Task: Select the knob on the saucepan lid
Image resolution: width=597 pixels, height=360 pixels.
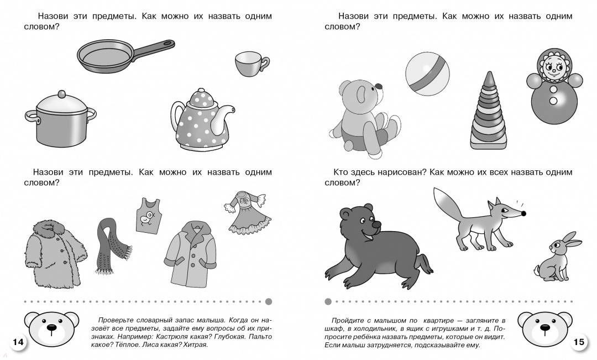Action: (62, 93)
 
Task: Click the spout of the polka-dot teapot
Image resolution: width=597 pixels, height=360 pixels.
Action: (225, 119)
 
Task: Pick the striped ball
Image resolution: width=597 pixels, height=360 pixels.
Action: (427, 74)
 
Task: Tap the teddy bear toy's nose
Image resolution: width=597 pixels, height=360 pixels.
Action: (379, 86)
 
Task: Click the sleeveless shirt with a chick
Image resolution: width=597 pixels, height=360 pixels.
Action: (149, 216)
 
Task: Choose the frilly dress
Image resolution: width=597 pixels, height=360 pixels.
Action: (248, 212)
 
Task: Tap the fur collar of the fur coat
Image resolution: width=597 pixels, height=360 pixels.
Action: (49, 228)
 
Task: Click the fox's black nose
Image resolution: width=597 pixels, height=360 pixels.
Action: (523, 213)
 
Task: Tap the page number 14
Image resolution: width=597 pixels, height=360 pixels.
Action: (18, 342)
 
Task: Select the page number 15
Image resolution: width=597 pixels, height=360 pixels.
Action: (579, 342)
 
